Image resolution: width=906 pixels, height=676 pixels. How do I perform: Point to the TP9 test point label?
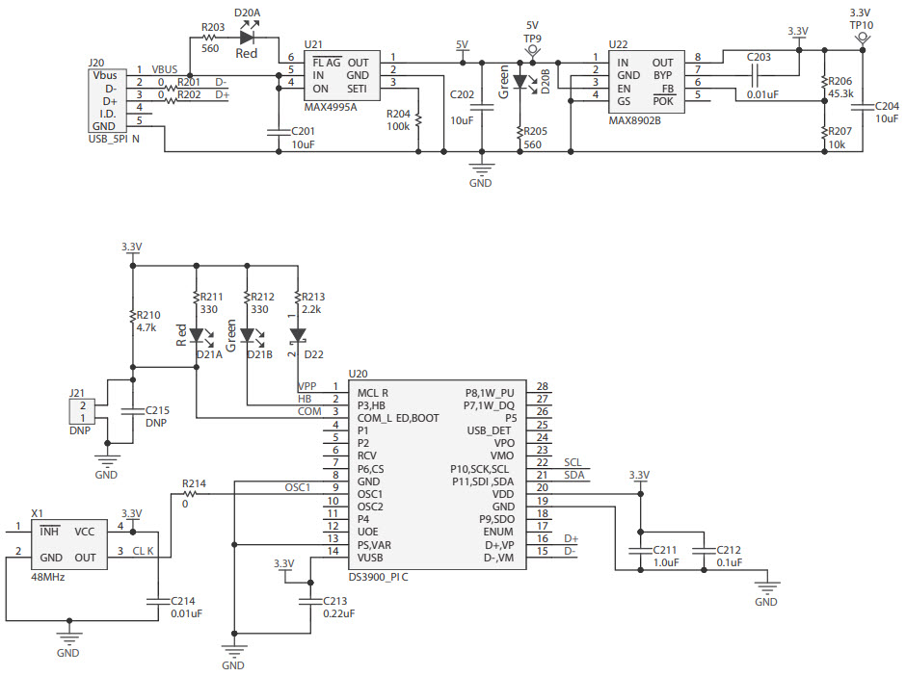(x=532, y=39)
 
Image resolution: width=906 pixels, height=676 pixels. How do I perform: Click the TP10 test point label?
(x=861, y=26)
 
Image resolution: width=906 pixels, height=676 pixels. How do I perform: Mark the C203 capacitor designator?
(x=759, y=57)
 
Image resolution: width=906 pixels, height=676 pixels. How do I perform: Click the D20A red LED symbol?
(x=247, y=38)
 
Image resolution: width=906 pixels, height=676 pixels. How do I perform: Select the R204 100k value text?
(x=397, y=126)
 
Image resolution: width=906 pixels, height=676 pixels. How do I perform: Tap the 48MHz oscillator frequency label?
(x=47, y=577)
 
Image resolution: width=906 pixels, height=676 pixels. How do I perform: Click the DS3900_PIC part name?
(x=379, y=577)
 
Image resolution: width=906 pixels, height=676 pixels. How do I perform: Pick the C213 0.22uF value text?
(x=338, y=612)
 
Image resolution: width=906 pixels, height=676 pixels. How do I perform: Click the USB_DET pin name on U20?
(x=490, y=430)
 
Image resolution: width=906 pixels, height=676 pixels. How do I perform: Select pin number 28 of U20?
(x=542, y=386)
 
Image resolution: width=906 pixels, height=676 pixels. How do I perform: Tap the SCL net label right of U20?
(x=573, y=462)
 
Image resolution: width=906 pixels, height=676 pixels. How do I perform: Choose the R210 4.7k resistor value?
(x=147, y=327)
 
